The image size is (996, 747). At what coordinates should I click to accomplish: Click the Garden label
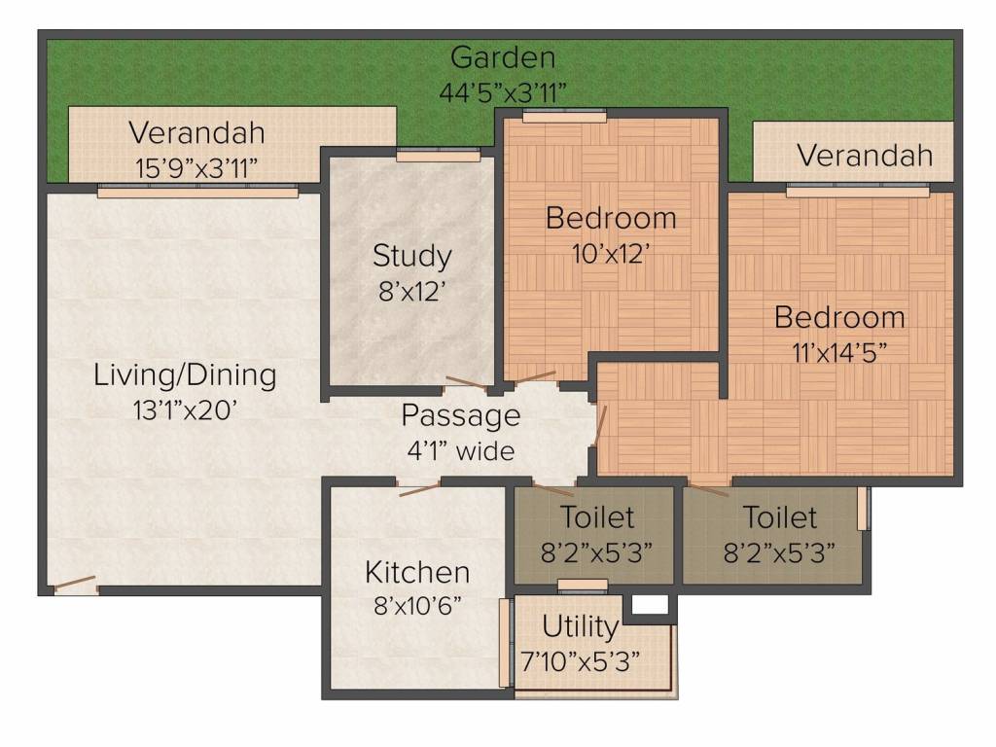point(503,57)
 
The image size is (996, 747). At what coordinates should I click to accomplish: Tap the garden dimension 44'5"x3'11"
point(503,92)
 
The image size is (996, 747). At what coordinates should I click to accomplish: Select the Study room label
point(412,256)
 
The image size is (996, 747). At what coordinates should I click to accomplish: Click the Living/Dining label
point(185,374)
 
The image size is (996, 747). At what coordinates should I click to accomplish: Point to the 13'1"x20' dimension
point(185,410)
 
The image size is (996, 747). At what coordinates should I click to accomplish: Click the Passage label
point(461,416)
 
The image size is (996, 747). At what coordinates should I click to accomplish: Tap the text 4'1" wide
point(461,451)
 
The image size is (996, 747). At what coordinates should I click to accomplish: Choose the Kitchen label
point(417,572)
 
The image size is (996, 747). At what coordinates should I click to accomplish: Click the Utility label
point(581,627)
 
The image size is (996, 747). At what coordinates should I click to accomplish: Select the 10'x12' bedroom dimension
point(611,254)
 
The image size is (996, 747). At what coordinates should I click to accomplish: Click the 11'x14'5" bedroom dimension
point(839,352)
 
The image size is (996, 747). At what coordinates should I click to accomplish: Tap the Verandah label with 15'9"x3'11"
point(196,132)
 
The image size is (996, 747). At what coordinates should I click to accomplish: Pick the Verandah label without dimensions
point(865,155)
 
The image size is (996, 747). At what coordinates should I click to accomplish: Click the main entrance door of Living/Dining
point(74,584)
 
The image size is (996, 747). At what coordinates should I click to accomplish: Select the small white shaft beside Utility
point(651,605)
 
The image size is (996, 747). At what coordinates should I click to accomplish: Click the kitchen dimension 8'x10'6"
point(417,606)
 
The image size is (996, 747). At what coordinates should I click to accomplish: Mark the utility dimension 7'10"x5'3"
point(581,661)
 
